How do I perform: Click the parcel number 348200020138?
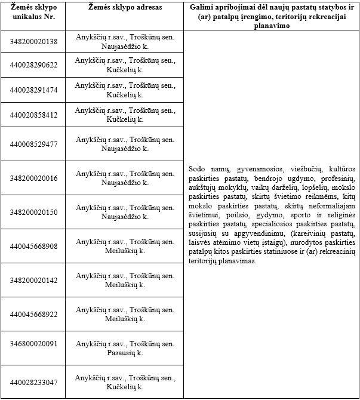(x=33, y=41)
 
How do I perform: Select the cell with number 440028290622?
(x=33, y=65)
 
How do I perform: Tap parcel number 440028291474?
(x=33, y=90)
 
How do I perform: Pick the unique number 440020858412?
(x=33, y=115)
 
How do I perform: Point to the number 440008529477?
(x=33, y=144)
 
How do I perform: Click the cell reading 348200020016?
(x=33, y=178)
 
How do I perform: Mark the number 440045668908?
(x=33, y=246)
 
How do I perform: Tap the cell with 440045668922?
(x=33, y=314)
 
